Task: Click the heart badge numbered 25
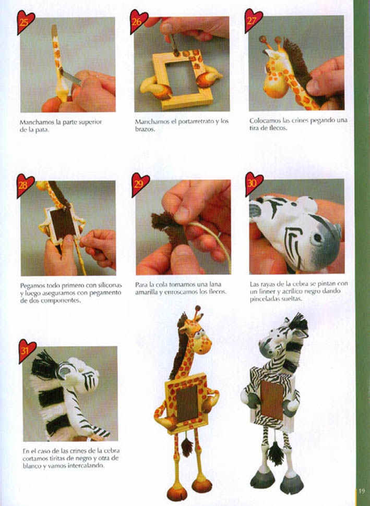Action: coord(25,21)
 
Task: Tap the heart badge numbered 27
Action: coord(253,20)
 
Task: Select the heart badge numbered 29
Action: coord(140,184)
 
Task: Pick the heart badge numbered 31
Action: coord(27,350)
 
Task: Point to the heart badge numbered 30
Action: coord(254,183)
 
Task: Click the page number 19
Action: coord(362,491)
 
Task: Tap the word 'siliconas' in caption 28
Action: coord(111,285)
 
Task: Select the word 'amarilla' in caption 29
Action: coord(146,292)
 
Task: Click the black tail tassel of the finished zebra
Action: coord(276,452)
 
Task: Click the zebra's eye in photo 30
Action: coord(318,239)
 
